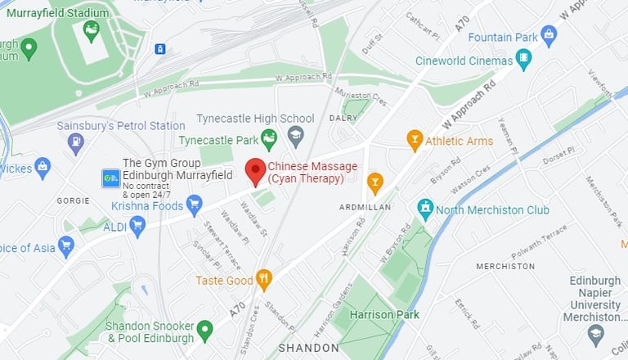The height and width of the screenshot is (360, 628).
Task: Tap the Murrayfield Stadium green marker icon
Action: tap(91, 31)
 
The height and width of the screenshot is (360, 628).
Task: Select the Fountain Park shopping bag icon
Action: tap(549, 36)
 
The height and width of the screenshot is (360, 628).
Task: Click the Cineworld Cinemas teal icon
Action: tap(523, 60)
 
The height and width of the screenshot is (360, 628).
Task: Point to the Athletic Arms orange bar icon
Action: tap(415, 140)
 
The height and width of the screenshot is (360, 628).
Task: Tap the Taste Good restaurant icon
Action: tap(263, 280)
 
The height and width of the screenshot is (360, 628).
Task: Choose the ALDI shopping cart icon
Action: tap(137, 226)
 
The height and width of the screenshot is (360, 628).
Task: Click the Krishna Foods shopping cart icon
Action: tap(194, 204)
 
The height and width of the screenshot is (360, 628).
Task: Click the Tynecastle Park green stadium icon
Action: tap(268, 139)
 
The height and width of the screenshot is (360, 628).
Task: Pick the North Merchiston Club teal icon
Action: tap(425, 209)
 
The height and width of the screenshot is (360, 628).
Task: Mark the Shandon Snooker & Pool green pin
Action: tap(204, 331)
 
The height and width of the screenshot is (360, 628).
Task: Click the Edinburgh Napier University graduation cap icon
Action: tap(595, 334)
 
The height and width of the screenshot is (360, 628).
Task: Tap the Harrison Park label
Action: tap(384, 314)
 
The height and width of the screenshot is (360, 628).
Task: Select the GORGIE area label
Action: tap(73, 200)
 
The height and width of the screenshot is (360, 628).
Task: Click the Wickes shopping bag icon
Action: tap(43, 169)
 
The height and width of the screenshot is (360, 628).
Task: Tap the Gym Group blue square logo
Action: tap(110, 178)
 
